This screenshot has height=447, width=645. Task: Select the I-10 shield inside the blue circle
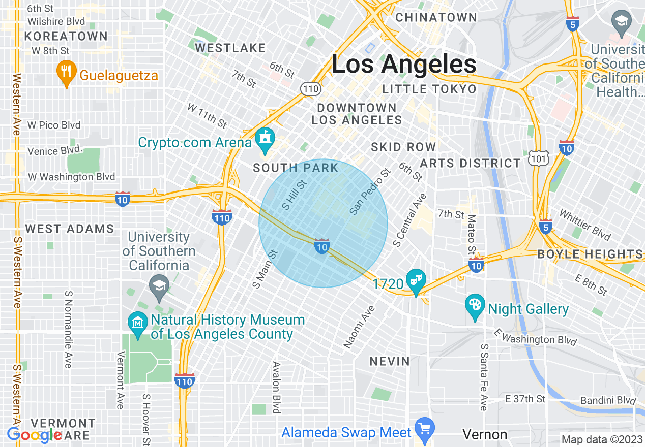coord(321,246)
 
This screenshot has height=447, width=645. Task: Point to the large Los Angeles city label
coord(404,64)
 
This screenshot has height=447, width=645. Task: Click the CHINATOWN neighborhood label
coord(436,17)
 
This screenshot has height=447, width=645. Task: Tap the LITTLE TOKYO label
coord(429,89)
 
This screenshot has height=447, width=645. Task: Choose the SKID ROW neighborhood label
coord(403,147)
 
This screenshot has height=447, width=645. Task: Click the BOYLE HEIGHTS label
coord(590,254)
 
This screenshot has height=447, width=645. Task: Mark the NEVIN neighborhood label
coord(390,361)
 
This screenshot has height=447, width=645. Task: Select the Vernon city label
coord(485,435)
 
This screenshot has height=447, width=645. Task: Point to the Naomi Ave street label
coord(359,327)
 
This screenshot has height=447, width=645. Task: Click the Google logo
coord(35,435)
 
